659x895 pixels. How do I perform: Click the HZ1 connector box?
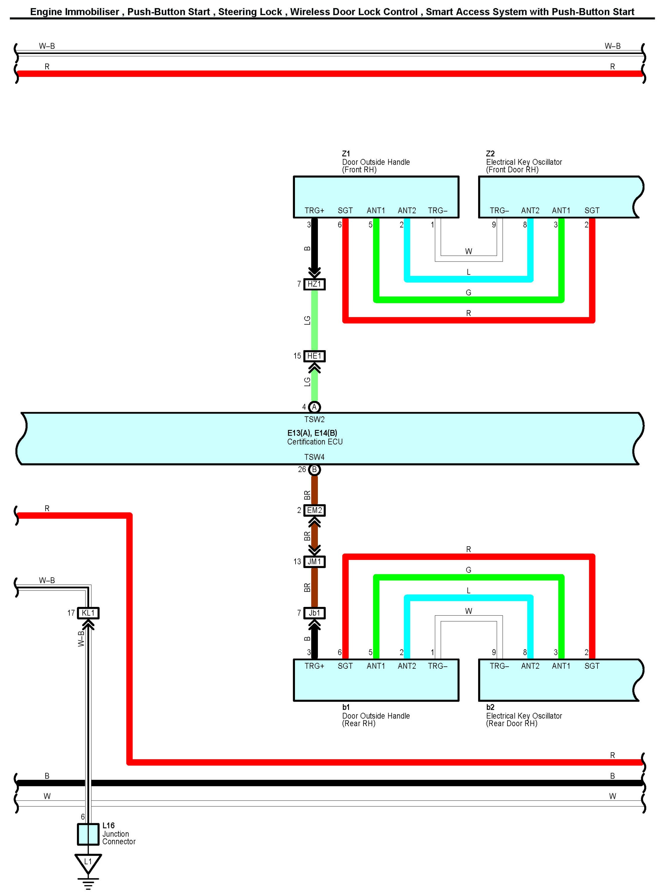point(314,284)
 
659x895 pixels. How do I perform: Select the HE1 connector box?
point(314,356)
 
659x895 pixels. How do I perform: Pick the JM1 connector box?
point(314,562)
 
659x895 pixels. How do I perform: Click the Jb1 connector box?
point(314,613)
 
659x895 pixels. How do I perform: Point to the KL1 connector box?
point(88,613)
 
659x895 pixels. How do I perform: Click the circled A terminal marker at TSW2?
point(314,407)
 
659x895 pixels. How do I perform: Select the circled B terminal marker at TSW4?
point(314,470)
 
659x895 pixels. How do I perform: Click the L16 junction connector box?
point(88,834)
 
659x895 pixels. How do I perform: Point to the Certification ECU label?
point(315,442)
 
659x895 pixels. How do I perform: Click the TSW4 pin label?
point(314,457)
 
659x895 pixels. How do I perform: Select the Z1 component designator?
point(346,154)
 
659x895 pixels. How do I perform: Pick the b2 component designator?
point(490,707)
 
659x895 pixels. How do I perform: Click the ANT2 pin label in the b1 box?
point(407,666)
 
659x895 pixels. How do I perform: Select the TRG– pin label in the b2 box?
point(499,666)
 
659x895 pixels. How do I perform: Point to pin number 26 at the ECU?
point(302,470)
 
